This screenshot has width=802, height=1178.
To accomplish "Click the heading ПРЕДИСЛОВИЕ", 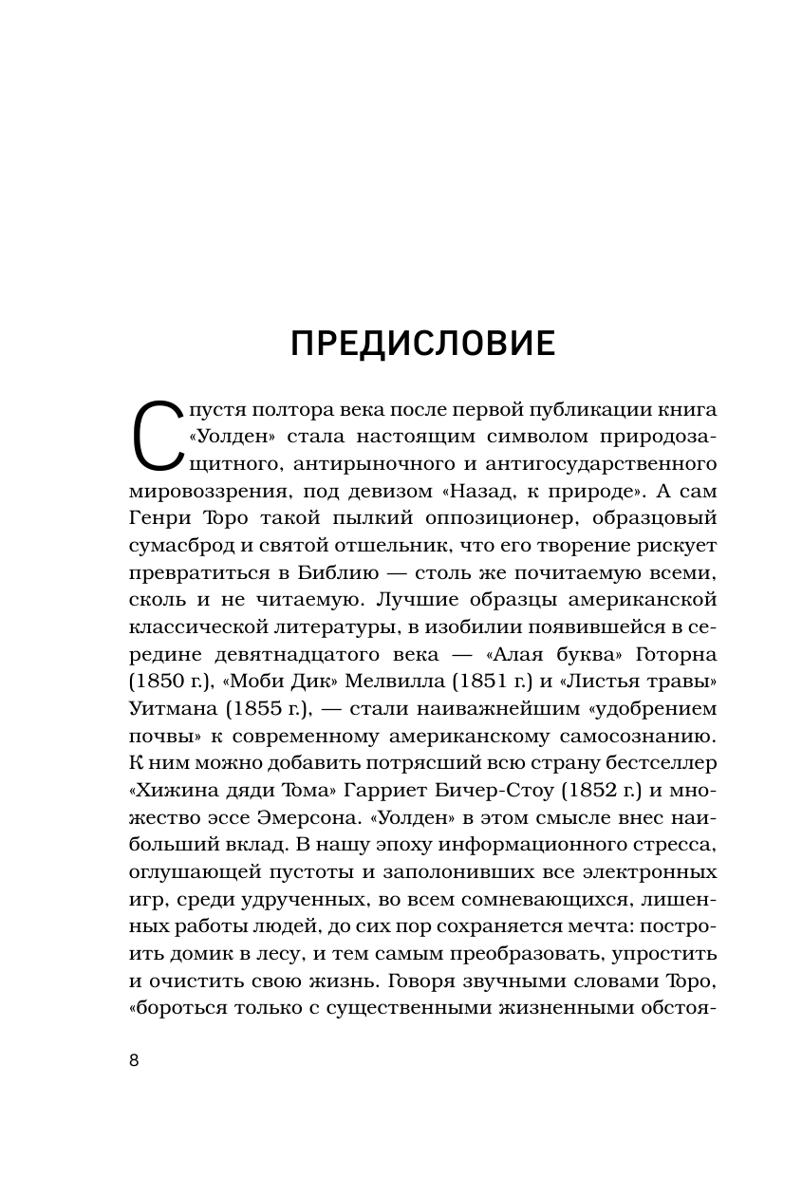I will (x=422, y=344).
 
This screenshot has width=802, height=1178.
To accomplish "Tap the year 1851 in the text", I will (x=485, y=682).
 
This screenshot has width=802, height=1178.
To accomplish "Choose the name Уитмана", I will (x=171, y=710).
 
